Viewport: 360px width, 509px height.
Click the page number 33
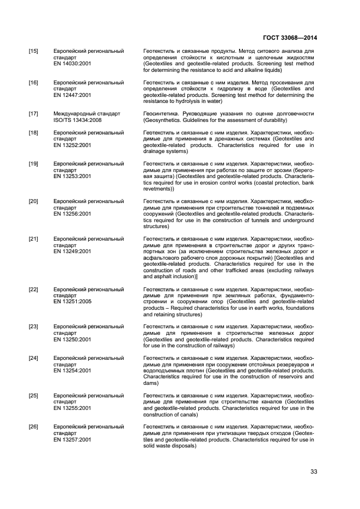(x=313, y=471)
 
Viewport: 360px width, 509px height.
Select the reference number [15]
(x=33, y=51)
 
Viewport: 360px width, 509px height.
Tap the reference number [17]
(x=33, y=114)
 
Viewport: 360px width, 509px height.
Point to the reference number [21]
(x=33, y=239)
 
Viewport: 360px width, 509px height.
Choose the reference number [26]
(x=33, y=426)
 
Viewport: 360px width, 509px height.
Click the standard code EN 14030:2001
(x=72, y=64)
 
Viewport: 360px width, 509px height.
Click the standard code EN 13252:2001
(x=72, y=145)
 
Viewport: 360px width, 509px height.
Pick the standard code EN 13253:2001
(x=72, y=176)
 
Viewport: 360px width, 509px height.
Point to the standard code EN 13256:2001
(x=72, y=214)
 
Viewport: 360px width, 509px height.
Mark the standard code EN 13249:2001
(x=72, y=252)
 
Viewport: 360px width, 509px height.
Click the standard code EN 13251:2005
(x=72, y=302)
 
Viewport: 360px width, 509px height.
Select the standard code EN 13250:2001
(x=72, y=339)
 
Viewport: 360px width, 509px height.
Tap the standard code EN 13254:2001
(x=72, y=370)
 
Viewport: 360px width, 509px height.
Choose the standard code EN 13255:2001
(x=72, y=408)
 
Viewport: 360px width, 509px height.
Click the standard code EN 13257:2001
(x=72, y=439)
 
